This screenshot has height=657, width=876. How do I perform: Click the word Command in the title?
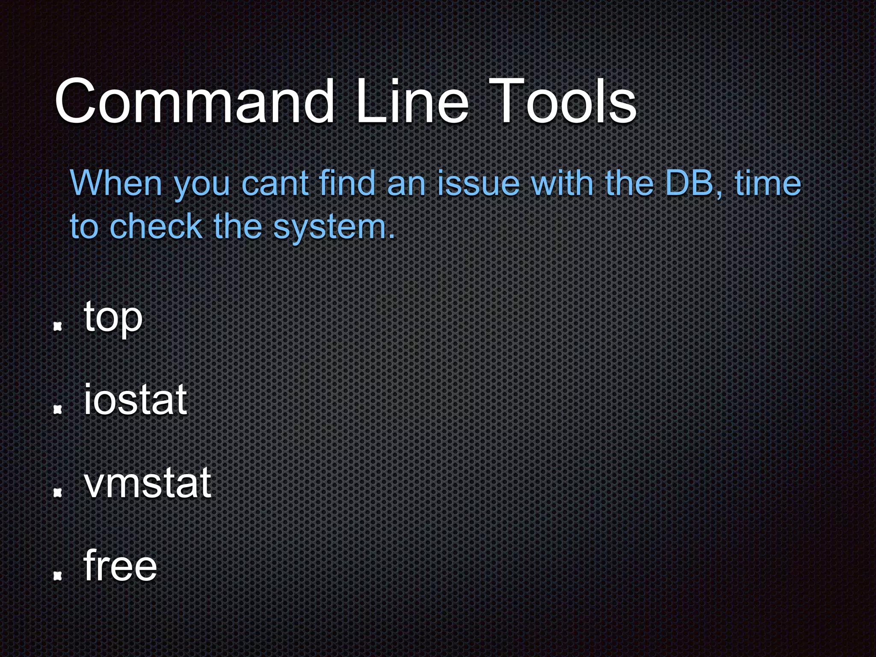[195, 101]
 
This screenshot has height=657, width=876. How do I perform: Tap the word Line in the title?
[412, 101]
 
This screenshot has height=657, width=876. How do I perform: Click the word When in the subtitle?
[116, 183]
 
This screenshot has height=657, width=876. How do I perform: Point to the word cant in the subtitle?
[275, 183]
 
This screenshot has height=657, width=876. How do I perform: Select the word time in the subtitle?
[768, 183]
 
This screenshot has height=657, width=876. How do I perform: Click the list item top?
[113, 317]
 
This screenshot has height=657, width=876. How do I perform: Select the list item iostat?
[135, 400]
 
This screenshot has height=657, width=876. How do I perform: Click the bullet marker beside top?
[57, 327]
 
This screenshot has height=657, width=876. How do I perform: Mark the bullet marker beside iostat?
[57, 410]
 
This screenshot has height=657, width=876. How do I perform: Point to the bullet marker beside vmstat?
[57, 493]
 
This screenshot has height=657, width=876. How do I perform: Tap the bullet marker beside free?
[57, 576]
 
